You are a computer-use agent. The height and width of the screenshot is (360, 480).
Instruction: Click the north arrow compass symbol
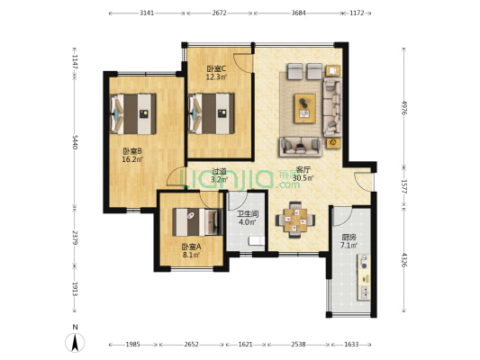75,343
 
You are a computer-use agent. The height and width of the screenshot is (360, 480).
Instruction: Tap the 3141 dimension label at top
147,13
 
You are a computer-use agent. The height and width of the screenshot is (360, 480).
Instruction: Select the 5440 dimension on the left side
75,142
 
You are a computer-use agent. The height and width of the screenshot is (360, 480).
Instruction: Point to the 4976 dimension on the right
404,107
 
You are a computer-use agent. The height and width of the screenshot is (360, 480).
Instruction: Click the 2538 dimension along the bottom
298,345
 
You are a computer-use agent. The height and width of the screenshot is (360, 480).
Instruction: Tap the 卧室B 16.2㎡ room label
132,155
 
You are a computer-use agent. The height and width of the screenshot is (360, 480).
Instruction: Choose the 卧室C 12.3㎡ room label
216,73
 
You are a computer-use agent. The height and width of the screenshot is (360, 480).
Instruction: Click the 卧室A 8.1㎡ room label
191,250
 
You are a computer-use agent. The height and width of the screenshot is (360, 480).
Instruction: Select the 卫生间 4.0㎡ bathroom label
248,218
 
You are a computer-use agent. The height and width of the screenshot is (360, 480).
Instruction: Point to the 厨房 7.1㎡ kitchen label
349,241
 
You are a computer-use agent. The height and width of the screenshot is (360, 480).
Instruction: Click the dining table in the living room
295,220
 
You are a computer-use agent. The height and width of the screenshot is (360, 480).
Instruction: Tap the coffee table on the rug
305,108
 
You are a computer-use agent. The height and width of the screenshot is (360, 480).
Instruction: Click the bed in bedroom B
133,113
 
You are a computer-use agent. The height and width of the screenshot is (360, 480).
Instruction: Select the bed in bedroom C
212,113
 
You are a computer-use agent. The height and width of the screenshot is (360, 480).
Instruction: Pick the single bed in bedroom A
197,221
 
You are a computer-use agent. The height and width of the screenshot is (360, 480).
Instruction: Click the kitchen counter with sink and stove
364,277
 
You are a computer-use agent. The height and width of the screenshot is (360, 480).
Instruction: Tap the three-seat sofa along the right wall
332,107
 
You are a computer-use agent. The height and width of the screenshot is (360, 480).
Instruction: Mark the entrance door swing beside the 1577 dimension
364,182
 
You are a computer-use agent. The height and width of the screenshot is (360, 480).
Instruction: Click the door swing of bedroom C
243,63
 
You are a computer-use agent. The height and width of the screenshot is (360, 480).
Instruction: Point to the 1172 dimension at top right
357,13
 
